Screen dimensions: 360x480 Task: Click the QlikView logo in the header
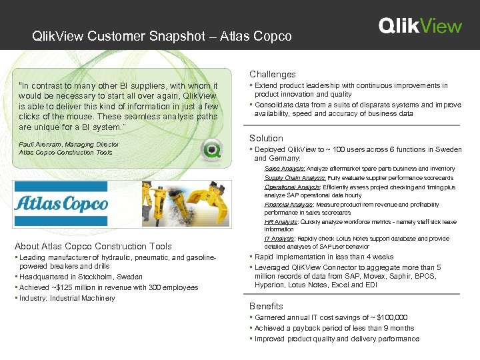pyautogui.click(x=420, y=26)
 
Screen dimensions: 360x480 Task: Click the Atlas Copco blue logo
pyautogui.click(x=61, y=203)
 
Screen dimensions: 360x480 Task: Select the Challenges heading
pyautogui.click(x=273, y=74)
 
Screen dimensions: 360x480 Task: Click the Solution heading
pyautogui.click(x=267, y=138)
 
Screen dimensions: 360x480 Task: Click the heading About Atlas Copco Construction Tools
pyautogui.click(x=93, y=246)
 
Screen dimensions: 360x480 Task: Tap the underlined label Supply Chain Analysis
pyautogui.click(x=295, y=178)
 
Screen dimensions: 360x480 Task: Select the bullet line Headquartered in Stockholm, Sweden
pyautogui.click(x=81, y=277)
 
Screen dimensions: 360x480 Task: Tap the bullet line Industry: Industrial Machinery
pyautogui.click(x=67, y=298)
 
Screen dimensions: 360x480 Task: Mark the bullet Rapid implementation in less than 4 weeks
pyautogui.click(x=324, y=257)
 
